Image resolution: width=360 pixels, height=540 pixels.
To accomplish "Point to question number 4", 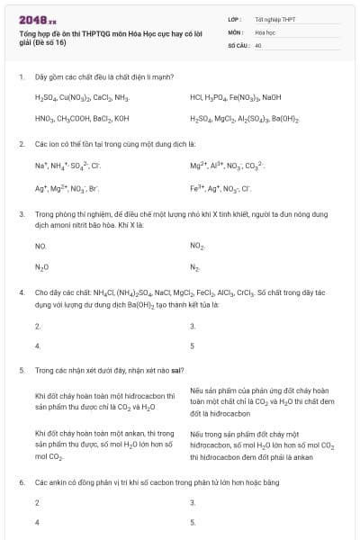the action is coord(21,292).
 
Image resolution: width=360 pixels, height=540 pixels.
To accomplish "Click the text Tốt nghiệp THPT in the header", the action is coord(274,18).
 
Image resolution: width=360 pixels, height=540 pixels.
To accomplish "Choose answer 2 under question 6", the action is coord(37,502).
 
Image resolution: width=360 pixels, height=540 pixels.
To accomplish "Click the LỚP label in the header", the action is coord(235,18).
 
